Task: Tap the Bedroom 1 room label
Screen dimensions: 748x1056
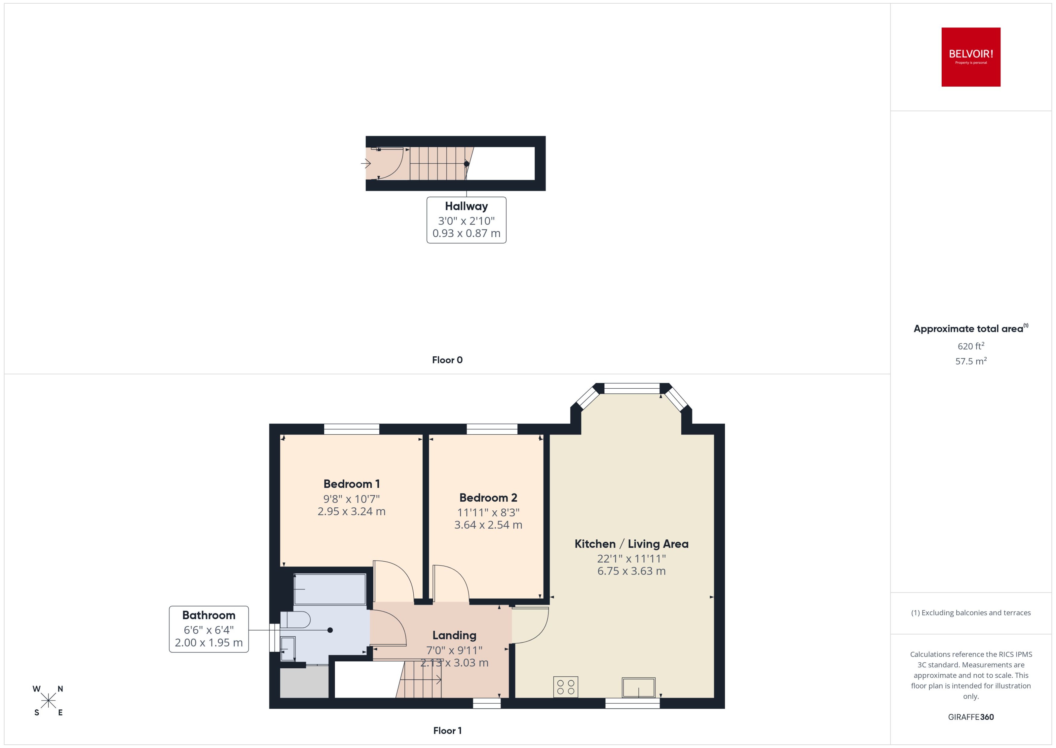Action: pos(351,484)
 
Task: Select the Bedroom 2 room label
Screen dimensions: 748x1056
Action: pos(488,498)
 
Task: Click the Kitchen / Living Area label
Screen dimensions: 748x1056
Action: pos(631,544)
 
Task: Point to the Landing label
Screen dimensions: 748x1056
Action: pos(454,636)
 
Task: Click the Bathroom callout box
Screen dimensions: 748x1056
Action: pos(208,629)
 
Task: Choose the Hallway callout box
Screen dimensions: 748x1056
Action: pos(466,220)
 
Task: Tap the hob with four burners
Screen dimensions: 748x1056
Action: pos(565,687)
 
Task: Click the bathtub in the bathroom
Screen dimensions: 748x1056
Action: pos(330,589)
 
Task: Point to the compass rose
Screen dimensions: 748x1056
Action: pos(48,701)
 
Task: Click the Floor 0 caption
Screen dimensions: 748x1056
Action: pos(447,360)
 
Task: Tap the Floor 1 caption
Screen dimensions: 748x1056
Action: pos(447,730)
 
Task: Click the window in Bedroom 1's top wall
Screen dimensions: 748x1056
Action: pos(351,429)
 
